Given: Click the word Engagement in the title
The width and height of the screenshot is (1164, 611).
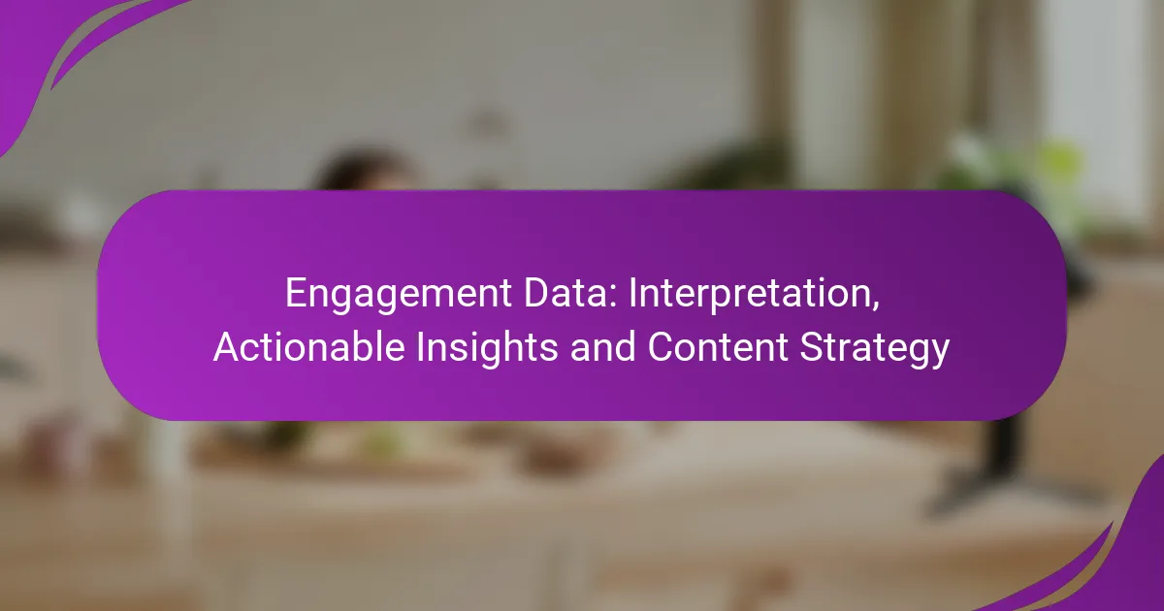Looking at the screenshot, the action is click(x=399, y=295).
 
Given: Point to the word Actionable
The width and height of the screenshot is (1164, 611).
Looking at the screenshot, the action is click(x=309, y=346).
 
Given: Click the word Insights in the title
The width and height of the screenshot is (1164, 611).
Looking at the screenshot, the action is click(x=487, y=347).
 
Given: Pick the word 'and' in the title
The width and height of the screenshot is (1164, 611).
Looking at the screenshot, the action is click(x=602, y=346).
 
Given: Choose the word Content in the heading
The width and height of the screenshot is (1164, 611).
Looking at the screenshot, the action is click(x=718, y=346).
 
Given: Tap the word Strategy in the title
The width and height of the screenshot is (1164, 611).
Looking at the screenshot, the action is click(x=875, y=347).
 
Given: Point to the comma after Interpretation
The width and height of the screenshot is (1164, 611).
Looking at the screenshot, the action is click(x=875, y=306).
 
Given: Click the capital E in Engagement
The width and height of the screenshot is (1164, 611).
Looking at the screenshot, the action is click(x=295, y=294).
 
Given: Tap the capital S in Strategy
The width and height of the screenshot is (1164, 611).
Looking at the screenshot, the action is click(x=811, y=346).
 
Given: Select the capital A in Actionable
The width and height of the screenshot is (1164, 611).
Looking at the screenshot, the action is click(x=227, y=346).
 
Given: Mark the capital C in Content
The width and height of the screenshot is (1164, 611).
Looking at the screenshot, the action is click(x=661, y=346).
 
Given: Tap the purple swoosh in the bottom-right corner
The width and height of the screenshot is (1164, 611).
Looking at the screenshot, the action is click(x=1107, y=562).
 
